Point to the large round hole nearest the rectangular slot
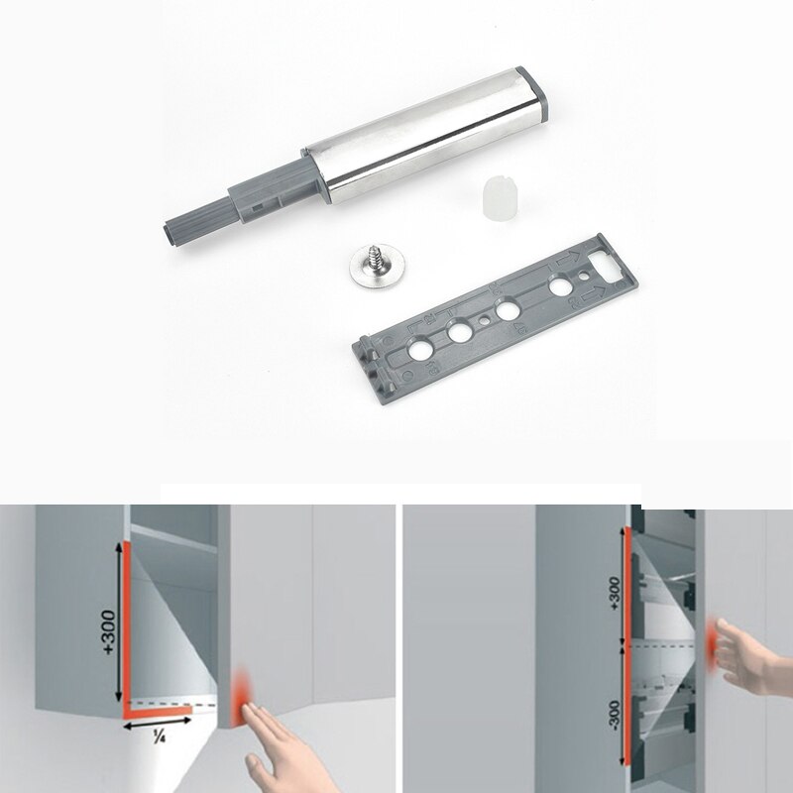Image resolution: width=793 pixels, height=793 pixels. tap(561, 288)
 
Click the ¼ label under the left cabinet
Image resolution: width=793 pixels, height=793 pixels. tap(158, 737)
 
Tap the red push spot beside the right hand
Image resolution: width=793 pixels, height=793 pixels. tap(711, 639)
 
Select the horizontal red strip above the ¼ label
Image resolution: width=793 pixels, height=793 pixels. tap(159, 710)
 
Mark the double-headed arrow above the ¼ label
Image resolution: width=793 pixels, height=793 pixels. tap(157, 724)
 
